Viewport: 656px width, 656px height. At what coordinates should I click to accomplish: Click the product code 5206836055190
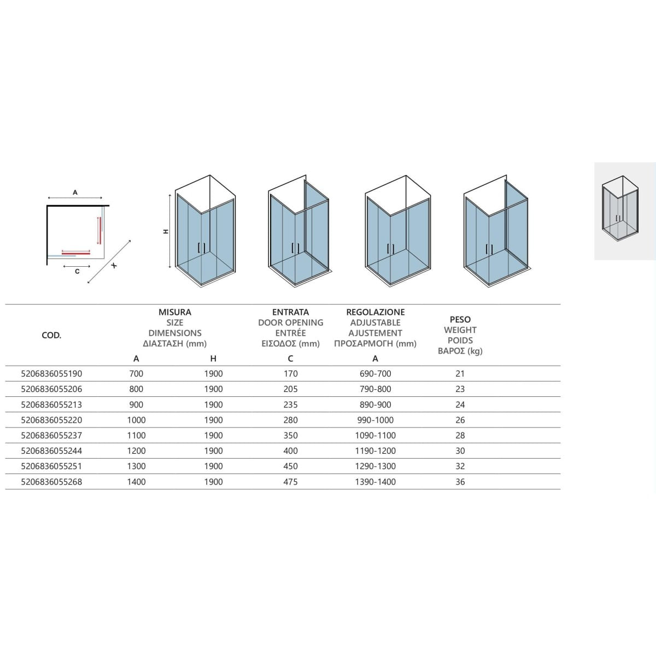(x=51, y=374)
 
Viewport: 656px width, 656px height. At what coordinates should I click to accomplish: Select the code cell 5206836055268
(x=51, y=482)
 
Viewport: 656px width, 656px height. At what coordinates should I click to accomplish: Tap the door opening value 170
(x=290, y=374)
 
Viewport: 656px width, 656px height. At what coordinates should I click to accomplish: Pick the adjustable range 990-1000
(x=375, y=420)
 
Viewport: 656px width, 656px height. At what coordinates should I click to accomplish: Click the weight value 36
(x=460, y=482)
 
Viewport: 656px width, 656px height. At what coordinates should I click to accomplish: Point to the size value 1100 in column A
(x=136, y=435)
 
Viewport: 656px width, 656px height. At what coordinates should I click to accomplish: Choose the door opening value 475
(x=290, y=482)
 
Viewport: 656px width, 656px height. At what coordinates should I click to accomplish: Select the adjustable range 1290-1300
(x=375, y=466)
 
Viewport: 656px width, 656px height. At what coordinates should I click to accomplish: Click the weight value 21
(x=460, y=374)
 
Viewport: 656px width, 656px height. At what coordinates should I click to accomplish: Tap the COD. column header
(x=51, y=335)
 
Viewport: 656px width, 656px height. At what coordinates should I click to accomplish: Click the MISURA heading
(x=174, y=312)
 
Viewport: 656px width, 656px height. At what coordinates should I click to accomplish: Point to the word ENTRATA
(x=290, y=312)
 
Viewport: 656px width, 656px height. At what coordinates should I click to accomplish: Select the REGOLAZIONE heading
(x=375, y=312)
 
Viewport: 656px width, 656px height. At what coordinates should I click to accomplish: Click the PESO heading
(x=460, y=320)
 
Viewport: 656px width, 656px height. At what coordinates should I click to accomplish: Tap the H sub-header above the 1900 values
(x=213, y=359)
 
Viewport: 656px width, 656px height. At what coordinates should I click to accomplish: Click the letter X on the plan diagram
(x=114, y=265)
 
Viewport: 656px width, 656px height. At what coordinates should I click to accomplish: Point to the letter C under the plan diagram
(x=77, y=271)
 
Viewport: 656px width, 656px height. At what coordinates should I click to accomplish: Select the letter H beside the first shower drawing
(x=166, y=231)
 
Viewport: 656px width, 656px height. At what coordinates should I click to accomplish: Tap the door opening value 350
(x=290, y=435)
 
